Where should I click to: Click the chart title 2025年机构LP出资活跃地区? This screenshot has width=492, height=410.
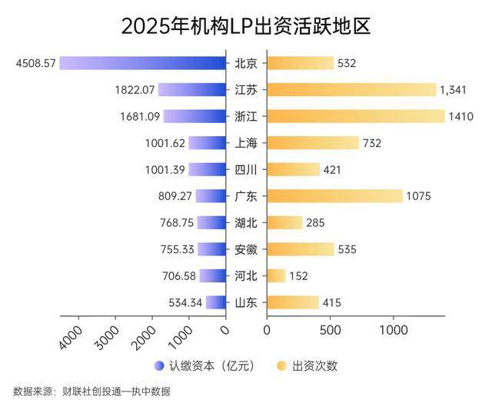pos(246,25)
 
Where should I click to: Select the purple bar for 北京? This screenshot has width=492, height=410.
pos(142,63)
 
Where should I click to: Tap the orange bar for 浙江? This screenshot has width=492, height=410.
pos(355,116)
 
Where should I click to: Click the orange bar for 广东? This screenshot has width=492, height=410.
pos(334,196)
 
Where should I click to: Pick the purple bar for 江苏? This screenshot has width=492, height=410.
pos(191,89)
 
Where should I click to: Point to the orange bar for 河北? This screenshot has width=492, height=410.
pos(276,275)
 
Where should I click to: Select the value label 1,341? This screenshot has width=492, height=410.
pos(453,90)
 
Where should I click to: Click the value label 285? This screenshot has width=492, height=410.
pos(315,223)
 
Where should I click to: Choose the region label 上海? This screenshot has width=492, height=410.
pos(246,143)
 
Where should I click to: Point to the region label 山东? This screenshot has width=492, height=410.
pos(246,302)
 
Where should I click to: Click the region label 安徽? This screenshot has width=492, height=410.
pos(246,249)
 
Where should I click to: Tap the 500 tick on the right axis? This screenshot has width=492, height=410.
pos(329,329)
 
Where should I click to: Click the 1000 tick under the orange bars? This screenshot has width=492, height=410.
pos(393,329)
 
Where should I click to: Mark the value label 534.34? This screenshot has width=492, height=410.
pos(184,302)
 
